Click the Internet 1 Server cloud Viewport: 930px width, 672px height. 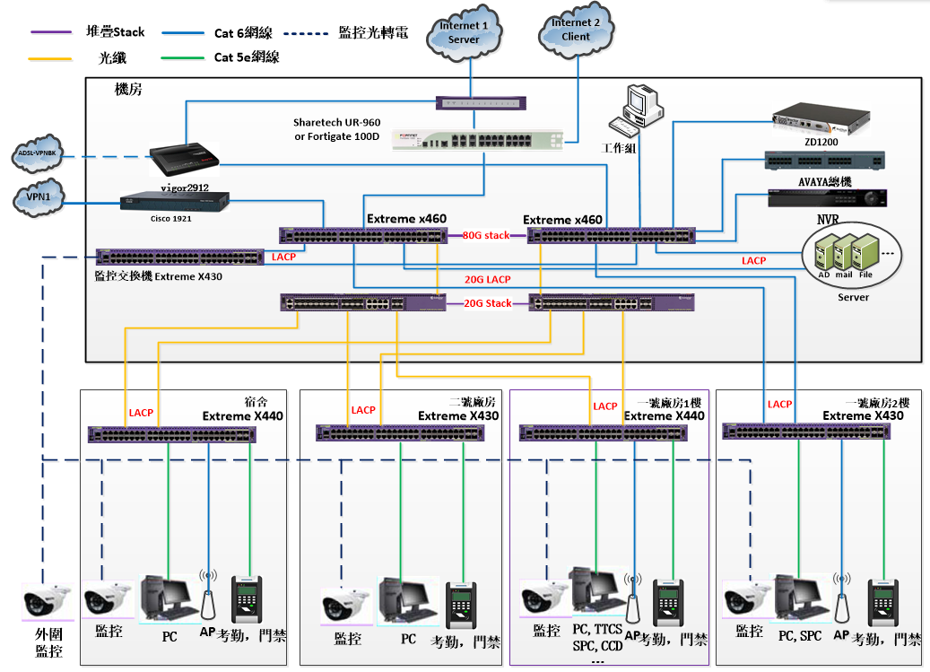click(464, 33)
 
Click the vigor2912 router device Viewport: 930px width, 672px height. click(184, 160)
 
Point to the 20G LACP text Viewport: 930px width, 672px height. click(487, 279)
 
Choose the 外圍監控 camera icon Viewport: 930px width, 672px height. click(48, 599)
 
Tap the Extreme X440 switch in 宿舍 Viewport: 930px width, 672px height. click(172, 435)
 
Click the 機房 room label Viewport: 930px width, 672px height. click(128, 90)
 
